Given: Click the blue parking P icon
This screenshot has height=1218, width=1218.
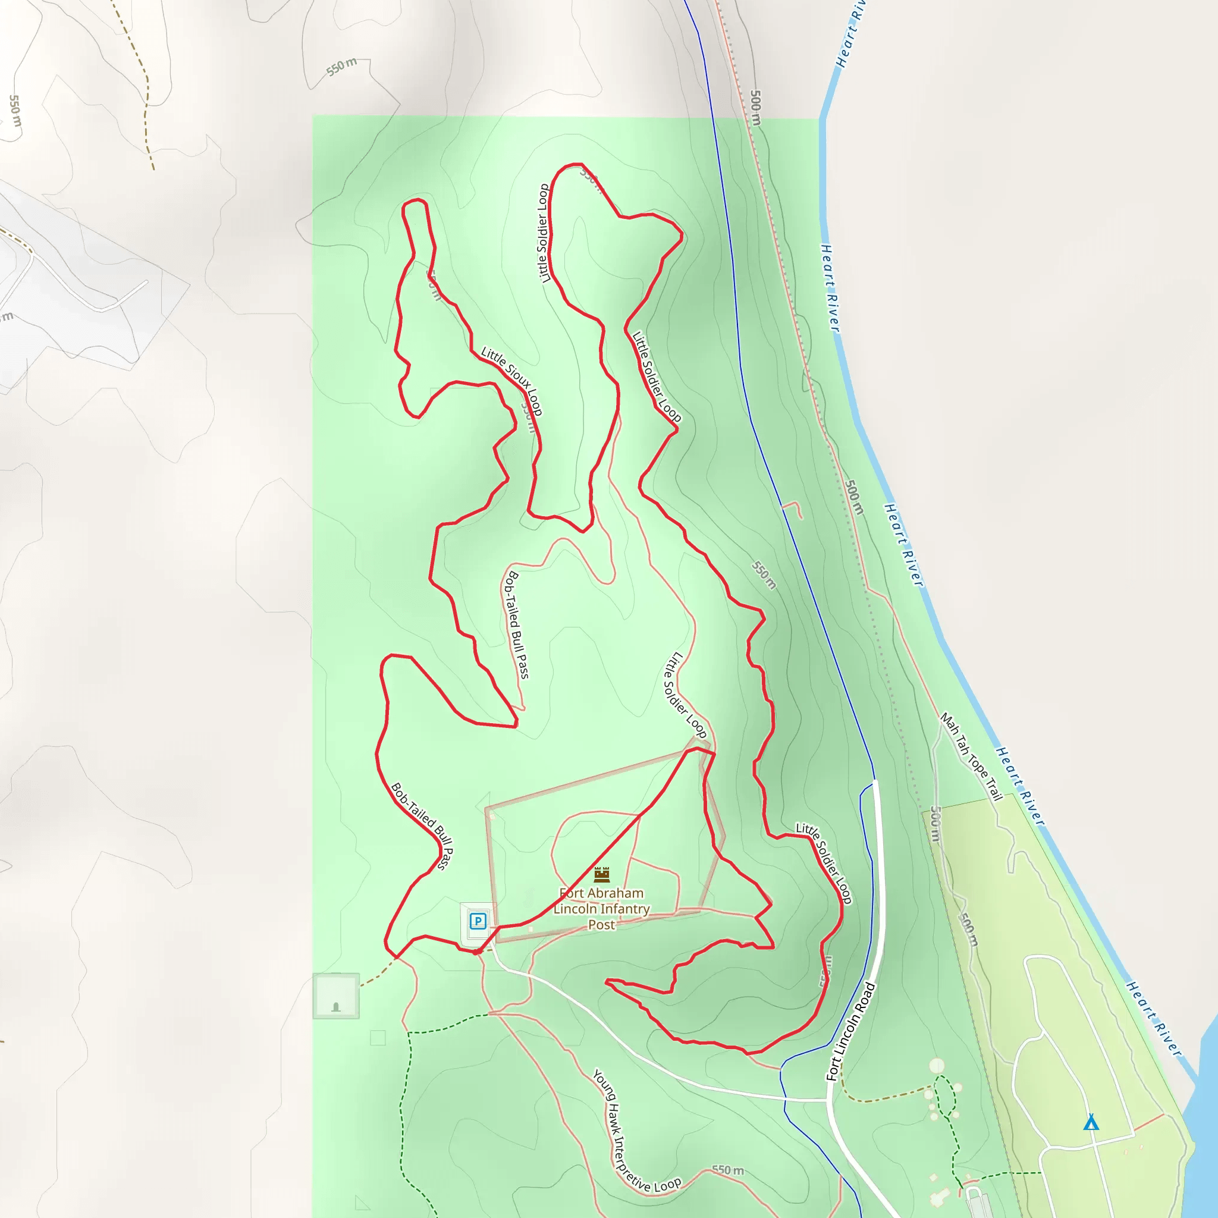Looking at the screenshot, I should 478,922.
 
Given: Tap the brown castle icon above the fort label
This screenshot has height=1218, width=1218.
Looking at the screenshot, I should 602,874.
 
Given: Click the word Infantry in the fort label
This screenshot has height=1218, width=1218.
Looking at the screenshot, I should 625,909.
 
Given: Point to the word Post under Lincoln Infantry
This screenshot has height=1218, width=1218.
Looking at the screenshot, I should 601,925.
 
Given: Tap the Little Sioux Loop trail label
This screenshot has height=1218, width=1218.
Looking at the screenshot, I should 511,381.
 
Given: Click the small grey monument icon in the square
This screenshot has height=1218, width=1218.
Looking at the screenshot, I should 336,1007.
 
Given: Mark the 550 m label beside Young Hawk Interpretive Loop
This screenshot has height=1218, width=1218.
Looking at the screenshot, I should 727,1170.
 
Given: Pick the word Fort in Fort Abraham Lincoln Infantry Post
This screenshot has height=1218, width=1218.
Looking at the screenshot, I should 571,893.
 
